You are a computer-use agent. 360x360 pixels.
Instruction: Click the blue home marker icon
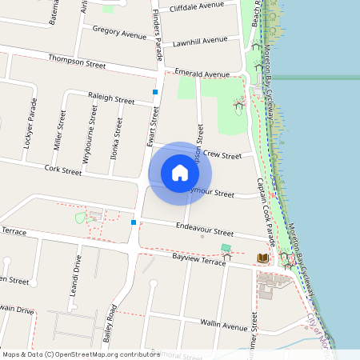[x=180, y=171]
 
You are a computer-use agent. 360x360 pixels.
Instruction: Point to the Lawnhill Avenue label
[x=200, y=40]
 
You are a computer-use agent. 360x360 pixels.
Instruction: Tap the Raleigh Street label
[x=111, y=100]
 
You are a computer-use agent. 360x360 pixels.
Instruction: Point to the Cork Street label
[x=63, y=170]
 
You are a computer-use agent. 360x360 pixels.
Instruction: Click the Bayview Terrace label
[x=200, y=261]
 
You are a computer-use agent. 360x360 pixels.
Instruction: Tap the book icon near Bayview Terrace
[x=262, y=258]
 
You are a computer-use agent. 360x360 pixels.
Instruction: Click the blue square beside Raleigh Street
[x=154, y=93]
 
